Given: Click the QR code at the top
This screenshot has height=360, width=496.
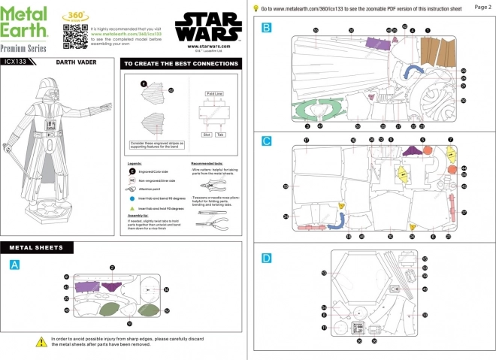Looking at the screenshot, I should [72, 35].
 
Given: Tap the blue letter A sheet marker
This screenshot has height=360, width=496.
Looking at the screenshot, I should [15, 264].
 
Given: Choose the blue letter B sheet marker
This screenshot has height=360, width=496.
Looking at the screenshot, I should [267, 27].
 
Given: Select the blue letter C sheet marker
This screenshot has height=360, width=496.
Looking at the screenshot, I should [267, 141].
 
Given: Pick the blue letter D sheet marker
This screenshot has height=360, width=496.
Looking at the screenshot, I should [267, 258].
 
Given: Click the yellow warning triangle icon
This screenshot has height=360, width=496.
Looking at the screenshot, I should [42, 342].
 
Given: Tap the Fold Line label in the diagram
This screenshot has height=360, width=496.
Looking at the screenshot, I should [215, 94].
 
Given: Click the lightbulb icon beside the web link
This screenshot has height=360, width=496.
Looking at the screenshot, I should [256, 8].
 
